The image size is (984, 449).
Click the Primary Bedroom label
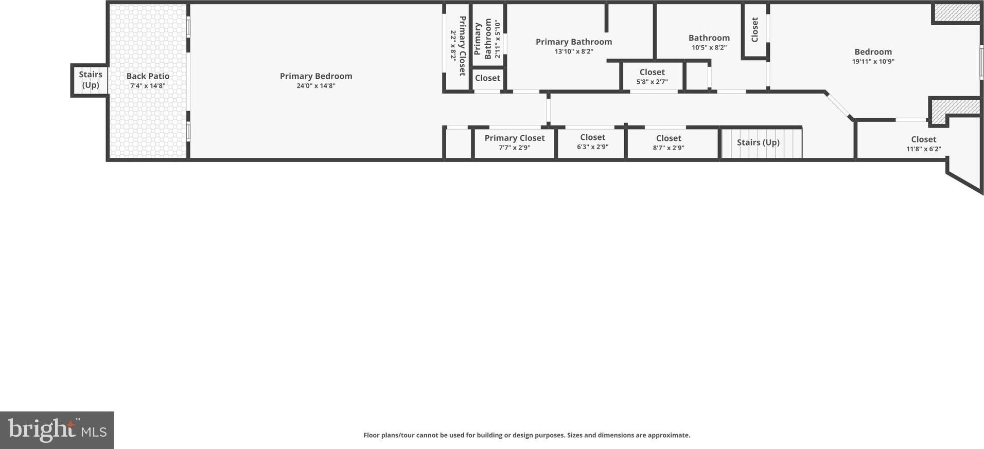coord(316,76)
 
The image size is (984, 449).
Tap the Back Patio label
coord(148,76)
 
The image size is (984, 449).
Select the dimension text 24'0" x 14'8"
coord(316,86)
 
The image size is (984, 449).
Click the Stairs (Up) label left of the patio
coord(91,80)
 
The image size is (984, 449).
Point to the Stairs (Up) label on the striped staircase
coord(758,142)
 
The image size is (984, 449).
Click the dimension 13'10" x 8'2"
coord(574,51)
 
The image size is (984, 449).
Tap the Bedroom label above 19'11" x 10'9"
coord(873,52)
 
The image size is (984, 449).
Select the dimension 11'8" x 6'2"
coord(924,149)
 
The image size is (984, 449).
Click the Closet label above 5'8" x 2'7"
coord(652,73)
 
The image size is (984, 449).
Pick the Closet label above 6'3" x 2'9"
coord(592,137)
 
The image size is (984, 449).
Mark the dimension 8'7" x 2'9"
coord(669,148)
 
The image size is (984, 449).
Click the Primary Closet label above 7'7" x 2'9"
coord(514,138)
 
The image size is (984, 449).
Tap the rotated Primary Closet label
coord(462,46)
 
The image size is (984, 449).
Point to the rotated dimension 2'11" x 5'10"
coord(497,39)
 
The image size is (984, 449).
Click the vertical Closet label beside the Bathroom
coord(754,30)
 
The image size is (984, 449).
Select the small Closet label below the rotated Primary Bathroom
coord(487,78)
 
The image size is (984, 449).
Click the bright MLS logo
coord(57,430)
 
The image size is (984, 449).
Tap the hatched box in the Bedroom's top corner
coord(957,13)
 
